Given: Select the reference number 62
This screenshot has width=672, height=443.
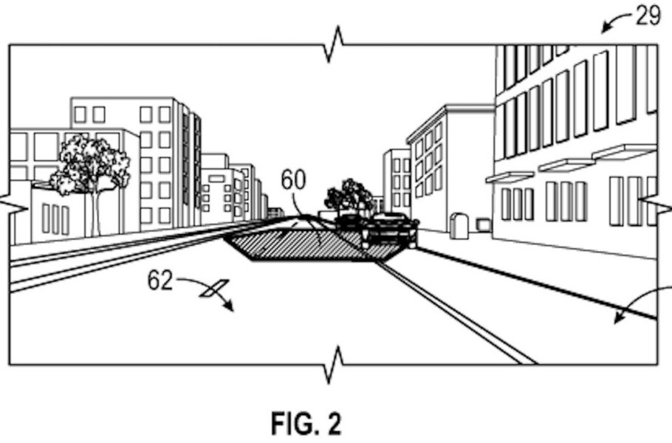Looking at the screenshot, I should (160, 281).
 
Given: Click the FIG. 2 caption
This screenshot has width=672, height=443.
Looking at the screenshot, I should (305, 423).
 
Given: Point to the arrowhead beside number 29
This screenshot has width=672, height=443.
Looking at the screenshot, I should (607, 28).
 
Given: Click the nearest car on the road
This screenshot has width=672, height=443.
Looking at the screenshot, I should (389, 230).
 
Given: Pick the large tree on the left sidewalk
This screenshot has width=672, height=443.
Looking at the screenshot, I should (93, 166).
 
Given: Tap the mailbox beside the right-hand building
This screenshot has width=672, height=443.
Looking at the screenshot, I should (459, 226).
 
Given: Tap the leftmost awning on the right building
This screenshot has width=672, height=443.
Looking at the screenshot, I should (509, 177).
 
